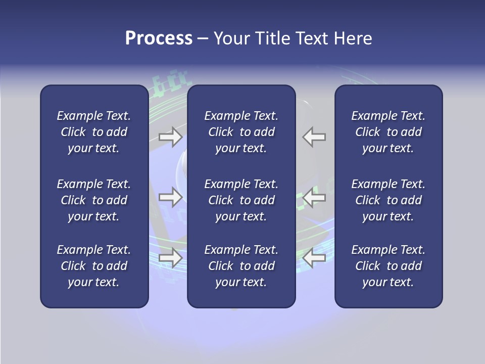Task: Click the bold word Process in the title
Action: pos(159,38)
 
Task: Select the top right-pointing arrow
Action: pos(170,136)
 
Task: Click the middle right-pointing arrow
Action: pos(170,197)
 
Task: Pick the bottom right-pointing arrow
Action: pos(170,258)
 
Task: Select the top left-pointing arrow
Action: pos(314,136)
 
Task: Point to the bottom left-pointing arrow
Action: pos(314,258)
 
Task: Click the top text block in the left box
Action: pos(94,132)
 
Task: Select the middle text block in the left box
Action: pos(94,200)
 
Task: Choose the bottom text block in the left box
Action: pos(94,266)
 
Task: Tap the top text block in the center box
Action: pos(241,132)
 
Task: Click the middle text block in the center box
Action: pos(241,200)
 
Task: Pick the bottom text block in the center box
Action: pos(241,266)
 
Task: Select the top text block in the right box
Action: pos(388,132)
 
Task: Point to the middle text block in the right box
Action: pos(388,200)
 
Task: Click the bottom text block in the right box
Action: pos(388,266)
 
